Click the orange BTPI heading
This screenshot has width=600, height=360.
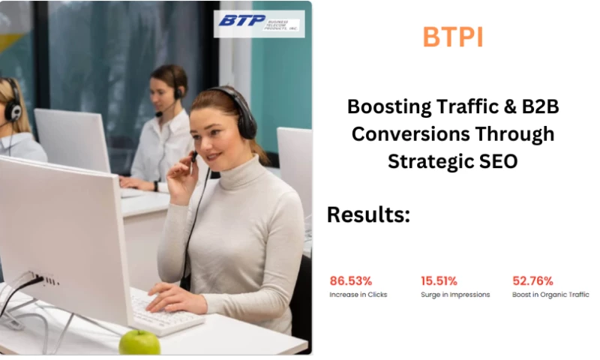(453, 37)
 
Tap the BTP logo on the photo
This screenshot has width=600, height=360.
(259, 22)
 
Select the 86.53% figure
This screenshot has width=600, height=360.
(350, 281)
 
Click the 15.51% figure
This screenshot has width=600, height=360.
(439, 281)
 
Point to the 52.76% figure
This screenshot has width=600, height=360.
(532, 281)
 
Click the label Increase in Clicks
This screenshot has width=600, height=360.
(358, 295)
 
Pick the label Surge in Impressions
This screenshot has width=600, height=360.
(455, 295)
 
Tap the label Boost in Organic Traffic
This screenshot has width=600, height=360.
(550, 295)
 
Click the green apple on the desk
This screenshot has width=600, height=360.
(139, 342)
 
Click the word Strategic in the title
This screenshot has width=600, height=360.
(427, 160)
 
